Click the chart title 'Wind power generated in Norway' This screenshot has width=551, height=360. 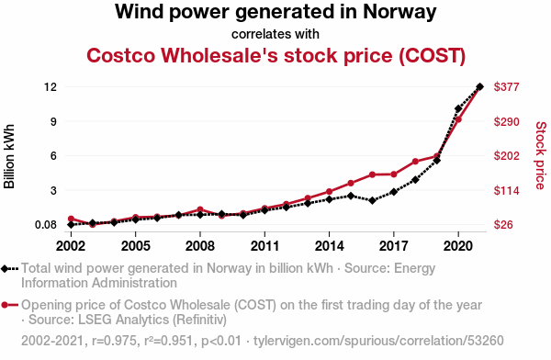[275, 12]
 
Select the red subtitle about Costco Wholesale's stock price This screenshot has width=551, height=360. [275, 55]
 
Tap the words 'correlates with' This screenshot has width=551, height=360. [275, 34]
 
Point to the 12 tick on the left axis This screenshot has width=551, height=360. [51, 86]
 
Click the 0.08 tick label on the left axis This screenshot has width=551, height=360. [46, 225]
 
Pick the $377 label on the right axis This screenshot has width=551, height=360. [506, 86]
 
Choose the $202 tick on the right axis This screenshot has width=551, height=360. [506, 155]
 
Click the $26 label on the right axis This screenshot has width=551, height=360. [503, 224]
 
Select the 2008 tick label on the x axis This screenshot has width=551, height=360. [200, 246]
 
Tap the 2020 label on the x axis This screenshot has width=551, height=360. [458, 246]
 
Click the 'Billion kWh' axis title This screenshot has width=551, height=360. [9, 156]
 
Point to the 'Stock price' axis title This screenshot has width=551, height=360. [541, 155]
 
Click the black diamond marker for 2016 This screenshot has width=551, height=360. [373, 201]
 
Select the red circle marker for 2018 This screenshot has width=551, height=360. [415, 162]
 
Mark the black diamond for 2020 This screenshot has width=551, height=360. [458, 109]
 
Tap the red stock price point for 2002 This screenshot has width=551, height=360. [71, 219]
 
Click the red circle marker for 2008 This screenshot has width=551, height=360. [200, 210]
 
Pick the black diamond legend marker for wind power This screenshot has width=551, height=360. [5, 269]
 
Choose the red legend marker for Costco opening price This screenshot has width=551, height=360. [5, 305]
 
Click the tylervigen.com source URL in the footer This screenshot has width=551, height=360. [378, 341]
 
